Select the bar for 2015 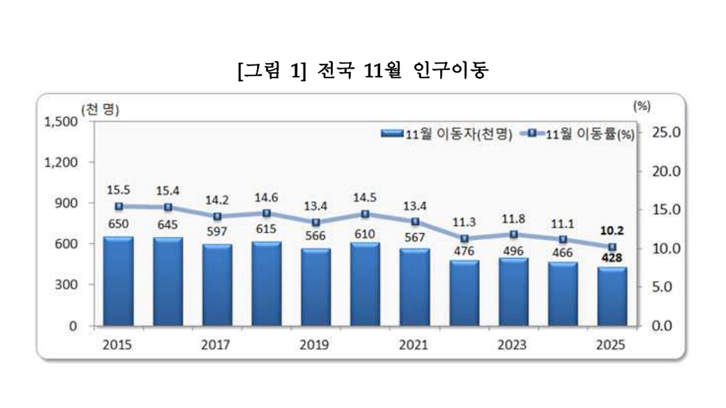(x=119, y=281)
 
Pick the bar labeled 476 (x=464, y=293)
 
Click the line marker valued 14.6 (x=267, y=214)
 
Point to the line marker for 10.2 (x=612, y=247)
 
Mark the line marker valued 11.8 (x=514, y=234)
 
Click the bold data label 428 (x=612, y=259)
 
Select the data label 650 (x=119, y=225)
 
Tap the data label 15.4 (x=168, y=192)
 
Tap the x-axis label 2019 (x=314, y=345)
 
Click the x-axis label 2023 (x=512, y=345)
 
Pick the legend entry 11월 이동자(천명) (x=447, y=134)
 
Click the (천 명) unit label (x=100, y=110)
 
